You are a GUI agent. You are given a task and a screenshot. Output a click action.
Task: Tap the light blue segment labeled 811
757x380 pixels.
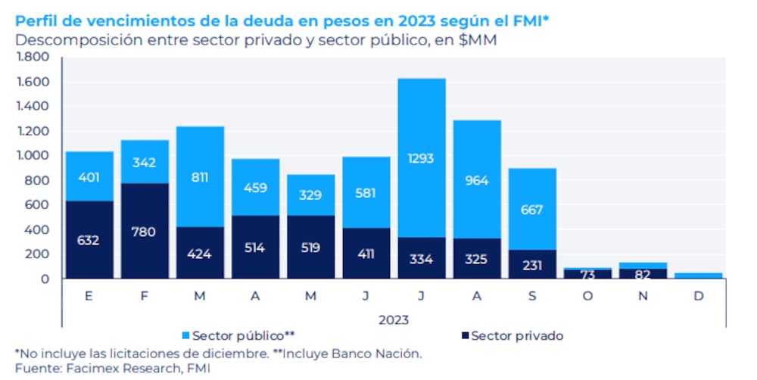(x=200, y=177)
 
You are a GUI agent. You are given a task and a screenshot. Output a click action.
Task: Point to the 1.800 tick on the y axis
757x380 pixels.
(x=33, y=57)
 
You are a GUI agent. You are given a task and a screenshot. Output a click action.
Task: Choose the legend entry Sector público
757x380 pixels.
(x=238, y=335)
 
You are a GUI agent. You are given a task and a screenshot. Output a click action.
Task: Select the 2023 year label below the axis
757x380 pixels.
(x=393, y=319)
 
